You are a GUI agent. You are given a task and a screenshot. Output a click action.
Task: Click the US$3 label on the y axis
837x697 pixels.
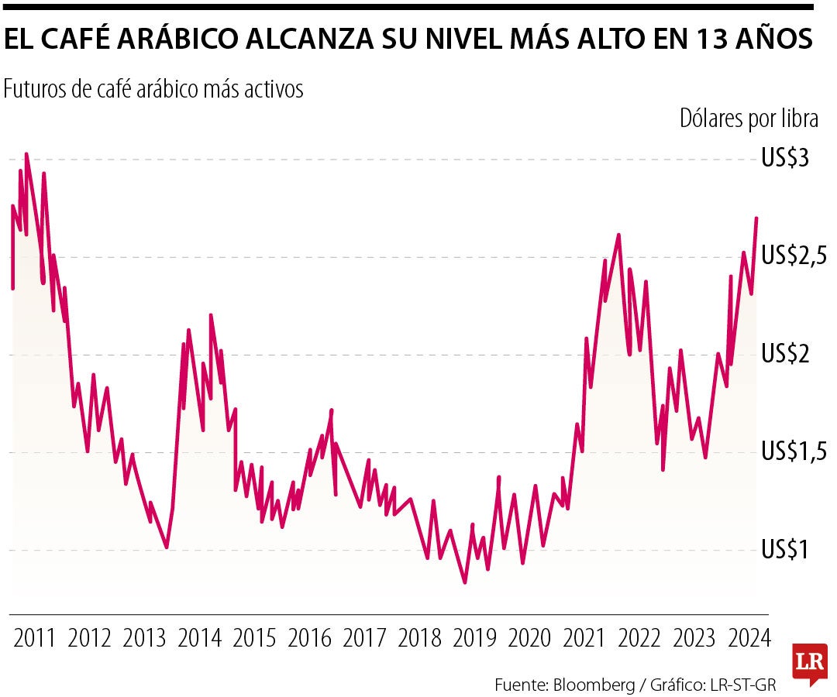tap(785, 159)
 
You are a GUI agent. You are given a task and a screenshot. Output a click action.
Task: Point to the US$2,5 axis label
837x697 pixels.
tap(794, 256)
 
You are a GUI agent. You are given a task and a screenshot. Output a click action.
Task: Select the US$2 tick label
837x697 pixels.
tap(785, 354)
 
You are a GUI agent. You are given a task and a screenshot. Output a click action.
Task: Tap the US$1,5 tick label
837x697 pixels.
tap(794, 451)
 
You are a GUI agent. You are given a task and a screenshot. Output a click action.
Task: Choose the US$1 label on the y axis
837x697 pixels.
tap(785, 550)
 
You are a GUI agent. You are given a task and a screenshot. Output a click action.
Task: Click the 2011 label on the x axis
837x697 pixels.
tap(35, 639)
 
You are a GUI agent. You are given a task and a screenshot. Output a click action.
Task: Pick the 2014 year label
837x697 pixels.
tap(199, 639)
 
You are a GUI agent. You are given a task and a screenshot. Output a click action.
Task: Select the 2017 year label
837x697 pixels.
tap(364, 639)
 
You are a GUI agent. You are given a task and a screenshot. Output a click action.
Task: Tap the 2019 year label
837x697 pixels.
tap(474, 639)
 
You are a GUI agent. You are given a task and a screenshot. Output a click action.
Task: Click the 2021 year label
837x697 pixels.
tap(584, 639)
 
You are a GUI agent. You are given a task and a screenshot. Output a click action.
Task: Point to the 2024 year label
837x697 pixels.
tap(749, 639)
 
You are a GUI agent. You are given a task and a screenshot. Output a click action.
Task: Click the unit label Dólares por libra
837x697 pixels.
tap(749, 118)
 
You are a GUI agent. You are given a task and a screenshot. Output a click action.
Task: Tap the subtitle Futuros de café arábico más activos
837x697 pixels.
tap(153, 90)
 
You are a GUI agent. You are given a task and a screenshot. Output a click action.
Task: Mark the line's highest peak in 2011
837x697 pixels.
tap(26, 154)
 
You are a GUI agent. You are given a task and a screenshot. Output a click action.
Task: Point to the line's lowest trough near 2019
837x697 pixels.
tap(465, 582)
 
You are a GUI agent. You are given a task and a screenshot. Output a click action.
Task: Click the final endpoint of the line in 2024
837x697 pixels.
tap(756, 218)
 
